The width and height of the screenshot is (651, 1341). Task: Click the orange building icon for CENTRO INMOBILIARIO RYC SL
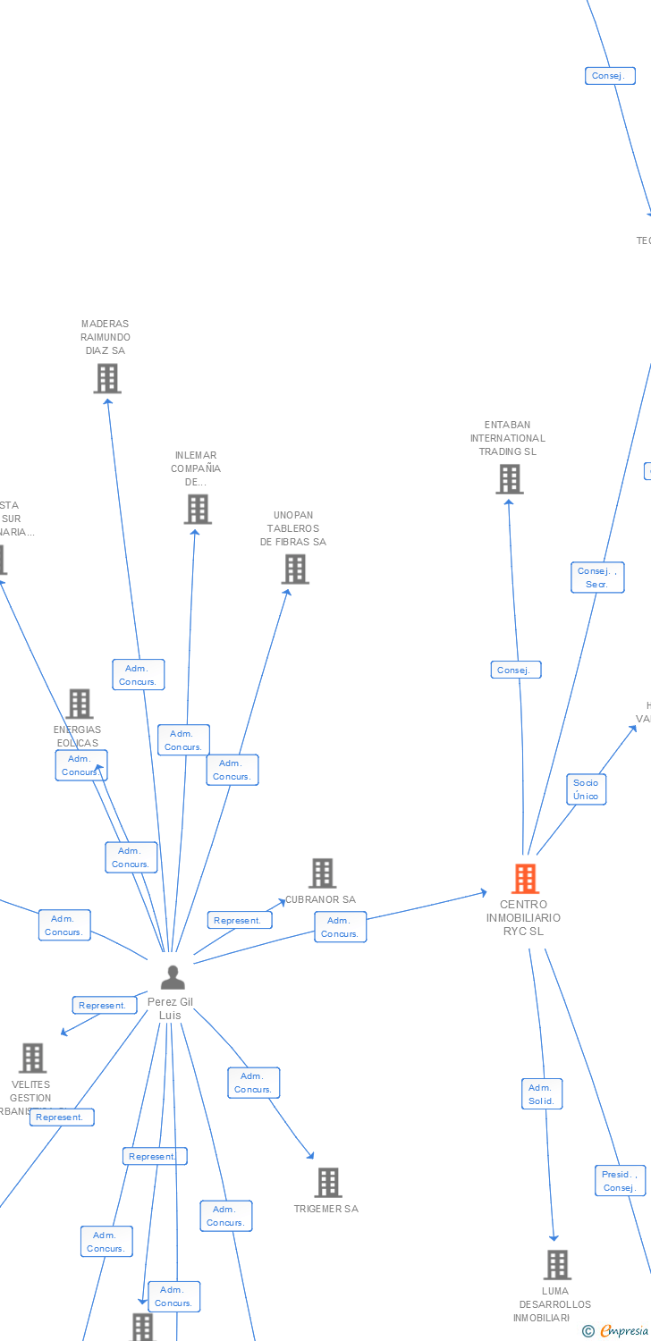[525, 879]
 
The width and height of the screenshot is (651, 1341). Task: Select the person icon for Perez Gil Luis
[173, 977]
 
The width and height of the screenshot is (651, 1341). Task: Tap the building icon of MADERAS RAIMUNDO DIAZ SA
[107, 378]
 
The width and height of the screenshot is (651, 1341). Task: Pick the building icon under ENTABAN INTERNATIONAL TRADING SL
[509, 479]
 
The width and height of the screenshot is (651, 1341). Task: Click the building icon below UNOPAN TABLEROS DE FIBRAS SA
[294, 569]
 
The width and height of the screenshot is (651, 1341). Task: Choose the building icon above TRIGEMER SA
[327, 1183]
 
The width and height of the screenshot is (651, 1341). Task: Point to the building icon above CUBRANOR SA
[322, 873]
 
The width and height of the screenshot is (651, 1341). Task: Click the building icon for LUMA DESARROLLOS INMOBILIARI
[557, 1265]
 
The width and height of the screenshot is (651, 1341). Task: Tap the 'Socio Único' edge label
[586, 789]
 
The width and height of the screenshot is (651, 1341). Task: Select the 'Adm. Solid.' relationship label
[542, 1094]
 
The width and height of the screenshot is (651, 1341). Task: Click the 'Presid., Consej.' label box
[620, 1181]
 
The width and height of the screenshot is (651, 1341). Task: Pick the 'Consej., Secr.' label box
[597, 578]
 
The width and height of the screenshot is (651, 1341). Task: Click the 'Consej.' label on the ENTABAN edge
[515, 670]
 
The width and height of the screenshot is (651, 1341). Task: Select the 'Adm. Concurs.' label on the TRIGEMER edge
[253, 1083]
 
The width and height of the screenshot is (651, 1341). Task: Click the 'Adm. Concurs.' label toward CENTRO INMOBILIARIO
[340, 927]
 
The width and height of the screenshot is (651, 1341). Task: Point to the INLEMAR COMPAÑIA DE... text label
[196, 468]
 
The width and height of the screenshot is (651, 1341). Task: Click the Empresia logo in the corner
[618, 1331]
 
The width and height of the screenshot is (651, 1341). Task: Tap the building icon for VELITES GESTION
[33, 1058]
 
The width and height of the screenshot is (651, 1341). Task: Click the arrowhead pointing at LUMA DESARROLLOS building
[554, 1238]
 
